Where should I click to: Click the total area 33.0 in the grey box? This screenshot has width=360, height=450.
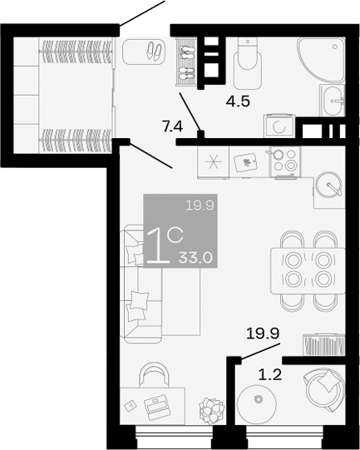(x=196, y=258)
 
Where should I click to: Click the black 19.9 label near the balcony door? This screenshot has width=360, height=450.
(x=261, y=335)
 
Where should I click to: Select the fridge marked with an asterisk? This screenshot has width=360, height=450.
(x=213, y=161)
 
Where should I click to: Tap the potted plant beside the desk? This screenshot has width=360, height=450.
(x=210, y=410)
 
